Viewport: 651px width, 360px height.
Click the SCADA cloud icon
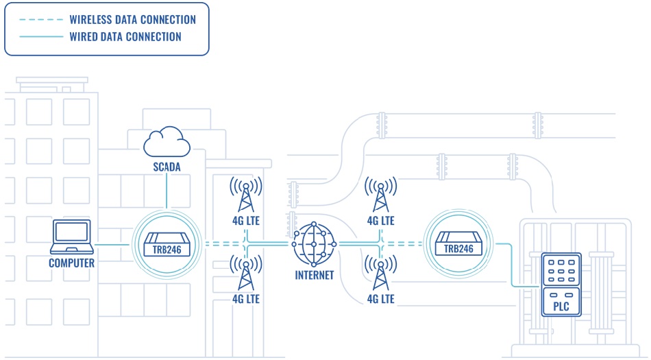point(167,142)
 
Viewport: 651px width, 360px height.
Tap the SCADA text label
point(167,167)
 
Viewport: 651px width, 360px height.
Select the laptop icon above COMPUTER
point(71,237)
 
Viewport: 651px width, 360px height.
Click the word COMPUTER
point(71,263)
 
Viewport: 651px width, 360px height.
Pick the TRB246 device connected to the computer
point(166,244)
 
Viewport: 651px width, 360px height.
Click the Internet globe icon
point(314,244)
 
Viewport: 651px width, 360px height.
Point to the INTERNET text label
point(314,276)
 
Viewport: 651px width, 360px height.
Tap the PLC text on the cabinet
point(561,307)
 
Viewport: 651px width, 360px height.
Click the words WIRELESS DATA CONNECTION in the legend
point(132,20)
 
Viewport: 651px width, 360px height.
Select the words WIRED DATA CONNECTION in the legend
point(125,37)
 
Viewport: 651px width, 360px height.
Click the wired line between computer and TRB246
point(111,244)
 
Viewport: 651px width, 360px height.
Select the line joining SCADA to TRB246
point(167,192)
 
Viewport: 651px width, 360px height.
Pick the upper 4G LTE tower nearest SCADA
point(245,195)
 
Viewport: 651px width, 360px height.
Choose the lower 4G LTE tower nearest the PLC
point(380,273)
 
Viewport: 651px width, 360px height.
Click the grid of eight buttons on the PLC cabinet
point(561,270)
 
